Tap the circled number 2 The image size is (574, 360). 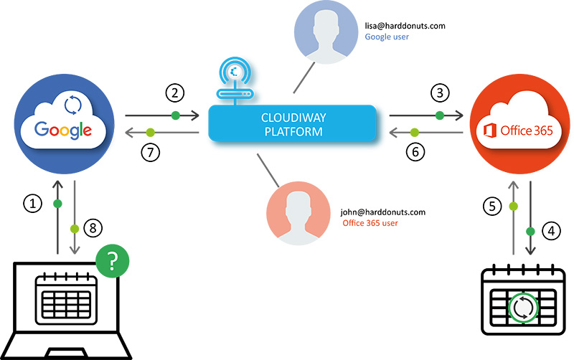tap(174, 92)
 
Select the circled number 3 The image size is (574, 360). tap(438, 92)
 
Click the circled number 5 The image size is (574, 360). tap(491, 207)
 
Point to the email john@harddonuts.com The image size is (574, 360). tap(383, 212)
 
